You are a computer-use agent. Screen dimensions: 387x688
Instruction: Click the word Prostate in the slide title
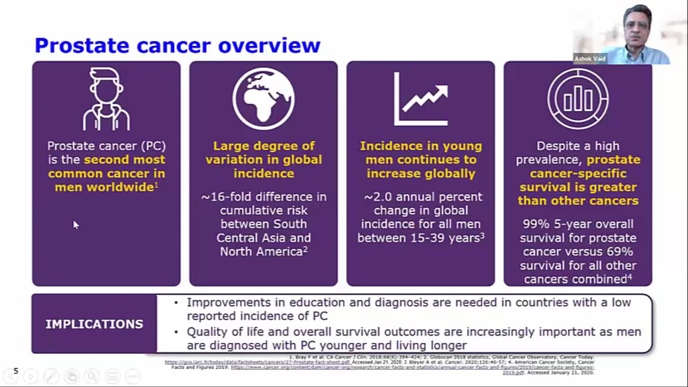point(82,46)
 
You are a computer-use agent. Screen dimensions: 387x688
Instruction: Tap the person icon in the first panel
point(106,99)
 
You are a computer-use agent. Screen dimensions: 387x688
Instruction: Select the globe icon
point(263,99)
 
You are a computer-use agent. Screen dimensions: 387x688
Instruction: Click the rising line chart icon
point(421,99)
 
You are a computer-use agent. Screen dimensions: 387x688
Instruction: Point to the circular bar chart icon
point(578,99)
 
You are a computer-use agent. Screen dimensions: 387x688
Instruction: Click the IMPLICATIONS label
point(94,324)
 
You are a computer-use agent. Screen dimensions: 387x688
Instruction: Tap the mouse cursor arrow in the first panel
point(76,225)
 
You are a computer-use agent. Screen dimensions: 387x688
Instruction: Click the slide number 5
point(16,371)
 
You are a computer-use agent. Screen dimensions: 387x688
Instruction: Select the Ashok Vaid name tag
point(590,59)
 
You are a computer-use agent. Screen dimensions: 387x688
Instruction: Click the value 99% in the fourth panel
point(536,224)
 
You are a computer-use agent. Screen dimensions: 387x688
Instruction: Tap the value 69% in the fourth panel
point(620,252)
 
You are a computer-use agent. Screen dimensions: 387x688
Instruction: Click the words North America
point(262,252)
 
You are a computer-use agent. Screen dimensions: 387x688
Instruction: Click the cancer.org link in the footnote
point(412,367)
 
